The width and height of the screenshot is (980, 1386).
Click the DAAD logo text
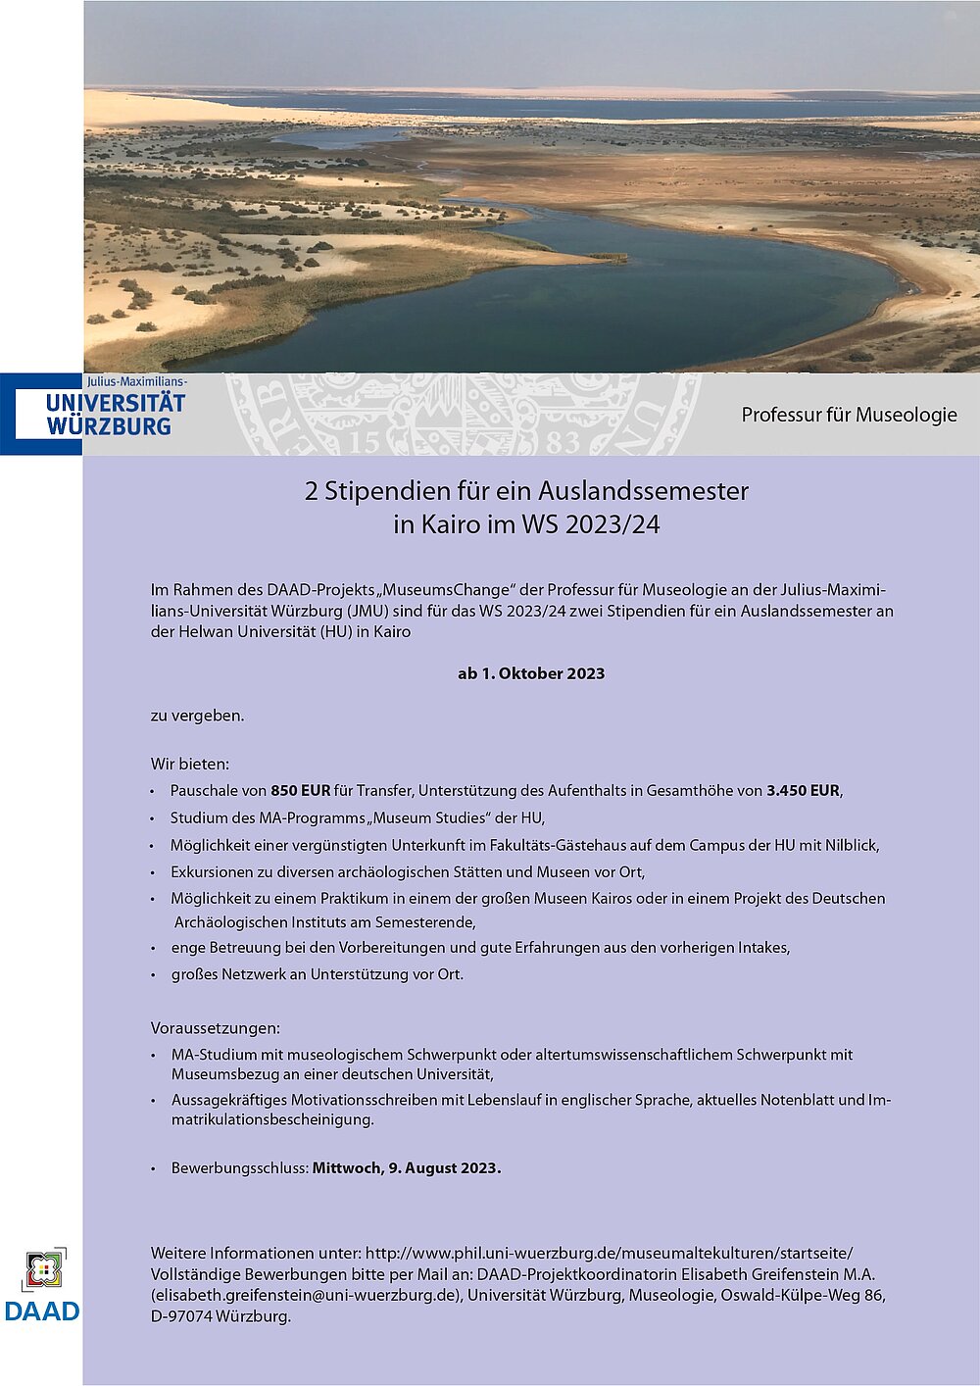click(x=42, y=1311)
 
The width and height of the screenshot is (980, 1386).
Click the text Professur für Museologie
click(x=849, y=415)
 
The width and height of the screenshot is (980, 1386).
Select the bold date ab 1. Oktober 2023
click(x=531, y=673)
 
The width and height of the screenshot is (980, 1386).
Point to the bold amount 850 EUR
click(x=301, y=790)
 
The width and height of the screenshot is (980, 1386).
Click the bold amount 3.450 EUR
click(x=803, y=790)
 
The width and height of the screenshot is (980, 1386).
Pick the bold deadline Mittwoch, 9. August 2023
click(x=407, y=1167)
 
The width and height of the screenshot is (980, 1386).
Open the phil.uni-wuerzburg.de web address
click(x=609, y=1253)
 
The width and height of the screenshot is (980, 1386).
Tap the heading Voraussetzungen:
click(x=216, y=1028)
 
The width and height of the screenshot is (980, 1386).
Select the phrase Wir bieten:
click(x=190, y=764)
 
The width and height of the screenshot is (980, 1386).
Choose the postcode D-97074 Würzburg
click(x=220, y=1316)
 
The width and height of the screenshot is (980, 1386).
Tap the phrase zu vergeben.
click(x=197, y=716)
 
